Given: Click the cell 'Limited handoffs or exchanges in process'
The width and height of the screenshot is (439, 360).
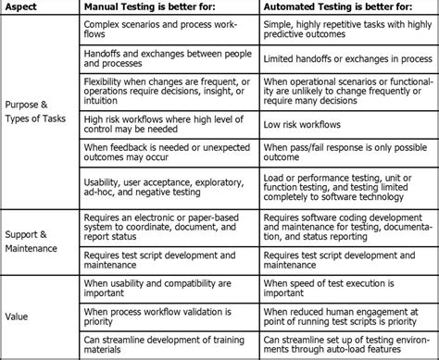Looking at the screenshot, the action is [x=347, y=59].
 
